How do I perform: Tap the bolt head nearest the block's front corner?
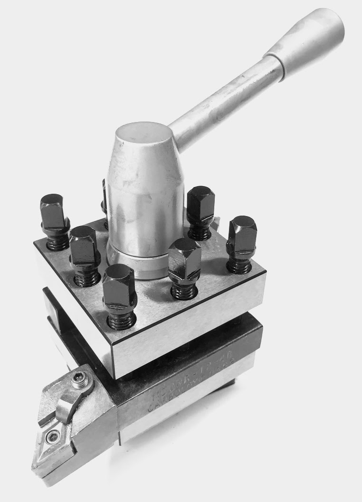tap(119, 285)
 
